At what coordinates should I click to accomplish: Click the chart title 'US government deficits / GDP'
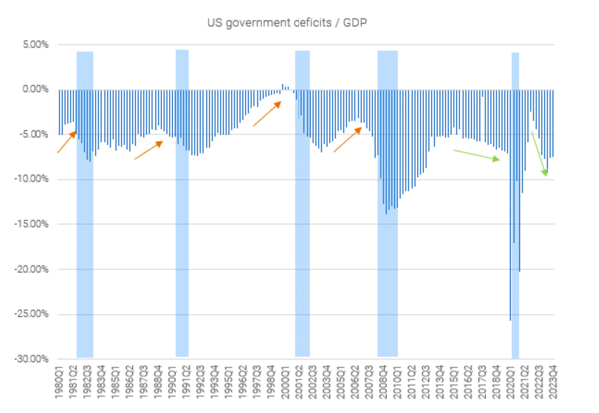click(299, 19)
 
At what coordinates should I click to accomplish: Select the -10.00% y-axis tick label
click(29, 179)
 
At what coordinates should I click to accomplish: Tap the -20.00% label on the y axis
click(29, 269)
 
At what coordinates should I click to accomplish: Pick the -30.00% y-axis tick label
click(29, 358)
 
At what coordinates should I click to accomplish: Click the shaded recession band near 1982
click(85, 200)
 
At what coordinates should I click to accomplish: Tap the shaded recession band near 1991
click(182, 200)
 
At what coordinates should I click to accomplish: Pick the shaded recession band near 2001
click(302, 200)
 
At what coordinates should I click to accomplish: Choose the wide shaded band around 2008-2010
click(388, 200)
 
